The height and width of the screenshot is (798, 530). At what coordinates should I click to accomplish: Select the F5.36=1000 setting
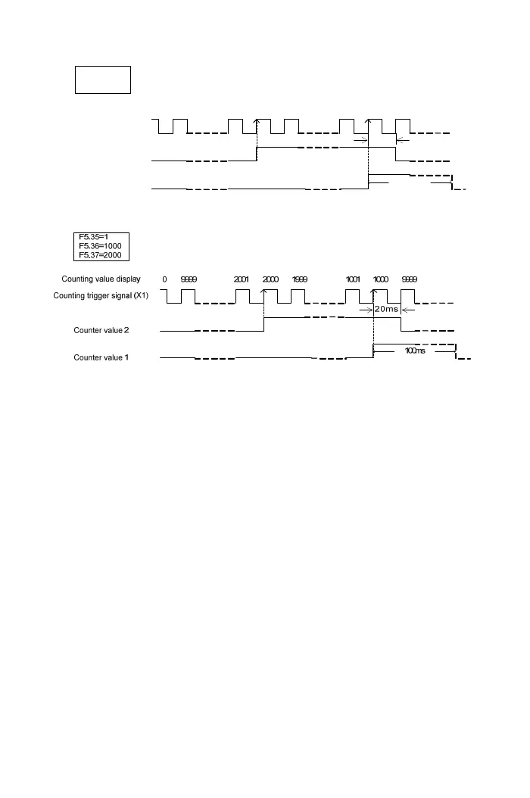point(100,246)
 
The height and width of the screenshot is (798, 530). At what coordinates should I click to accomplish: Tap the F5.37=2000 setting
point(100,255)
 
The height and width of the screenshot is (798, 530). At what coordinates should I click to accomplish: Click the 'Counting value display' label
point(101,279)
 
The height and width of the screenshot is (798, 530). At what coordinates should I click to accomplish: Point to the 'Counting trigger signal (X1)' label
point(101,296)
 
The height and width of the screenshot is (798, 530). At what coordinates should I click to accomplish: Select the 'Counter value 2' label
point(101,331)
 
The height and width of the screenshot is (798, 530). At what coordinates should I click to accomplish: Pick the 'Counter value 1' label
point(101,357)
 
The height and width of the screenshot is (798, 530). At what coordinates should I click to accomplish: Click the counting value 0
point(164,279)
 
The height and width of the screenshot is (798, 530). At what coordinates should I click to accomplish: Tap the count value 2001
point(242,279)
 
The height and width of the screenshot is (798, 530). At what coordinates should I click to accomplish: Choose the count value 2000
point(270,279)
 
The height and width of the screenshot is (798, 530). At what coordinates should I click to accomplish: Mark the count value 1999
point(300,279)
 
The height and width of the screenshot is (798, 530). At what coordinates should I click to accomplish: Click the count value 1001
point(353,279)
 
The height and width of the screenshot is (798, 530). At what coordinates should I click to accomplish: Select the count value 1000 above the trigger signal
point(381,279)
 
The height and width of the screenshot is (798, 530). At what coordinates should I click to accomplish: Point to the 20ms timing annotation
point(386,309)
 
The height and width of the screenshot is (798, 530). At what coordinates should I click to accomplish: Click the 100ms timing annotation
point(415,351)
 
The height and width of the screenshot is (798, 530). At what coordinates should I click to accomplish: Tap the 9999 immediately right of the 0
point(189,279)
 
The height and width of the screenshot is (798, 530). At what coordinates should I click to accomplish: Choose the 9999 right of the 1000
point(409,279)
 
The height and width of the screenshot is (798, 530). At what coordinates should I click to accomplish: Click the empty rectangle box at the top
point(103,79)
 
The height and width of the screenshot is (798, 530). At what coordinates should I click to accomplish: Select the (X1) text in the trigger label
point(141,296)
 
